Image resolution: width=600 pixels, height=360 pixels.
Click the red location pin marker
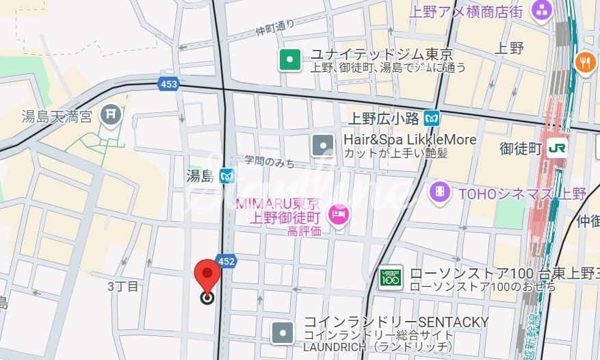pyautogui.click(x=207, y=276)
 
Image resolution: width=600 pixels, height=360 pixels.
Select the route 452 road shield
pyautogui.click(x=227, y=261)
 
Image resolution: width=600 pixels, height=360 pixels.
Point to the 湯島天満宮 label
pyautogui.click(x=56, y=116)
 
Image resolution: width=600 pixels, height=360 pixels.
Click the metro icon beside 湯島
pyautogui.click(x=227, y=177)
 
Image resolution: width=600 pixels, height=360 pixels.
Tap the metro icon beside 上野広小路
pyautogui.click(x=431, y=118)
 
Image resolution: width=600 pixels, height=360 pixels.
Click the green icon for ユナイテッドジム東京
pyautogui.click(x=290, y=60)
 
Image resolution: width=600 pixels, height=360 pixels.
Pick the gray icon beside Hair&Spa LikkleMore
pyautogui.click(x=322, y=145)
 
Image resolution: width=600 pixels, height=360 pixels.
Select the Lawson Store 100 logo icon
pyautogui.click(x=390, y=277)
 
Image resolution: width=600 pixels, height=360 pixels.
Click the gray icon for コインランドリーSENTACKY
pyautogui.click(x=283, y=333)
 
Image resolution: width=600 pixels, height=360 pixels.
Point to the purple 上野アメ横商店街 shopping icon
pyautogui.click(x=542, y=11)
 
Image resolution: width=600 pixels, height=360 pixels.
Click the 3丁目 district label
pyautogui.click(x=123, y=286)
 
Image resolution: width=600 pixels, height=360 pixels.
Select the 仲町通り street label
pyautogui.click(x=274, y=27)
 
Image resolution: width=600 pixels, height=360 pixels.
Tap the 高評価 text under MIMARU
pyautogui.click(x=304, y=231)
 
